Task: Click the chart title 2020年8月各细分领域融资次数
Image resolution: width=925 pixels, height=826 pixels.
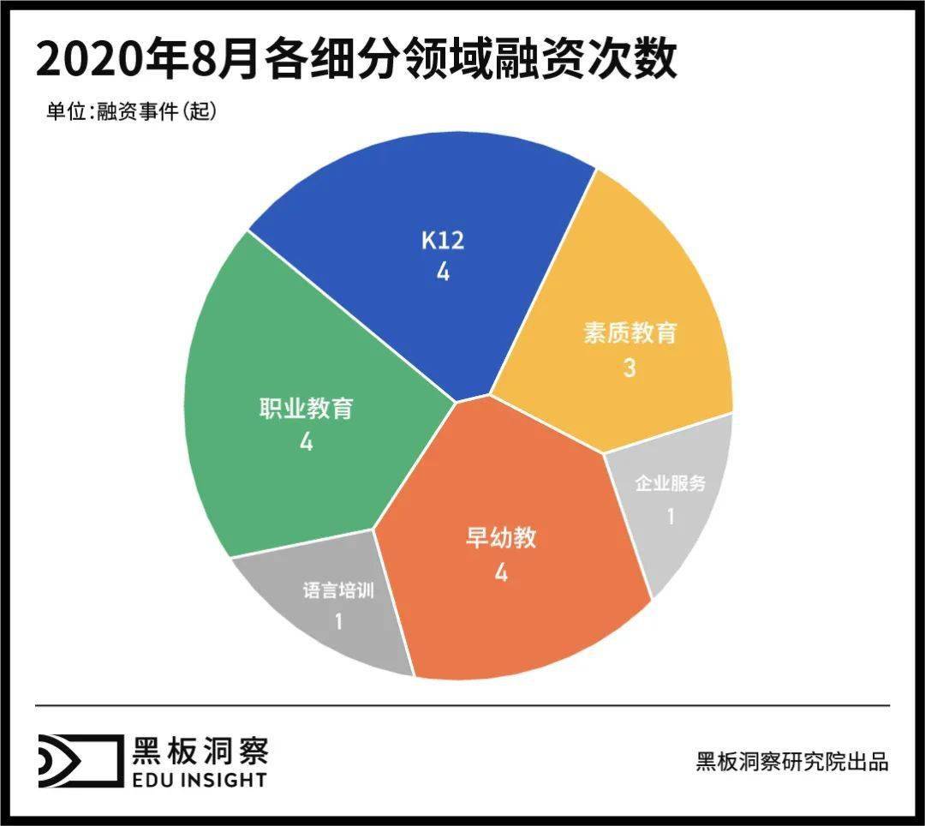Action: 356,59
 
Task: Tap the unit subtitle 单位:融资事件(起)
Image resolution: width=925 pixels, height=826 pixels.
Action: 131,112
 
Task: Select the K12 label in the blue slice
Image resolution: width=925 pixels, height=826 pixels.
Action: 443,241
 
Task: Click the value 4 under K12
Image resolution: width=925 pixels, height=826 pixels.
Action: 443,272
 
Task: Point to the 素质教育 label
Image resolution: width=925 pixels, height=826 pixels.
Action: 630,333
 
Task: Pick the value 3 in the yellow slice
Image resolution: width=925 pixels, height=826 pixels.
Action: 630,368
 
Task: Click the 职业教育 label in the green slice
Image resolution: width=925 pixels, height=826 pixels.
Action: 306,409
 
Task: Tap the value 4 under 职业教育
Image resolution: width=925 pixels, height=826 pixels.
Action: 306,443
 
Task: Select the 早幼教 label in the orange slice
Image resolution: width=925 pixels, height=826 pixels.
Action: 501,538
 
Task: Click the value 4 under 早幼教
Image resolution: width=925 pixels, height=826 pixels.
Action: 501,572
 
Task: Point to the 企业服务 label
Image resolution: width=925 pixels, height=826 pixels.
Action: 671,484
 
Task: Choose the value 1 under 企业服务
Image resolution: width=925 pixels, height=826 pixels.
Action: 671,517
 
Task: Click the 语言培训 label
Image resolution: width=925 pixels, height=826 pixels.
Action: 338,590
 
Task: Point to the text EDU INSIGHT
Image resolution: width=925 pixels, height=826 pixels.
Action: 200,780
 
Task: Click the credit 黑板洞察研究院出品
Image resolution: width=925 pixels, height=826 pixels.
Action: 792,762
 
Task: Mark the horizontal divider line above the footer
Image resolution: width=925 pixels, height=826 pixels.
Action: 462,706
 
